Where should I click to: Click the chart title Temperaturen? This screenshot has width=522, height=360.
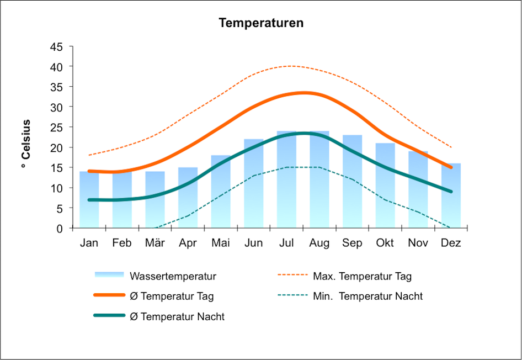tap(261, 23)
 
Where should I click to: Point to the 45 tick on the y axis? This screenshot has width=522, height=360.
tap(57, 46)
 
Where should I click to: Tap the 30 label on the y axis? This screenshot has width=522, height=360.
tap(57, 107)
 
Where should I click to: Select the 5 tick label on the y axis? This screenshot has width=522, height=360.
tap(60, 208)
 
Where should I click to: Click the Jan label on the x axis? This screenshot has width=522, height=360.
tap(89, 243)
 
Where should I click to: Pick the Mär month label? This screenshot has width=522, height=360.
tap(155, 243)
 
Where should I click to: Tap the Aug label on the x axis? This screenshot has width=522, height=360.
tap(319, 243)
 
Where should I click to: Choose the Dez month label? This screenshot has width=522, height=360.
tap(451, 243)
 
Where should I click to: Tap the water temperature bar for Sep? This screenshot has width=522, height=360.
tap(352, 182)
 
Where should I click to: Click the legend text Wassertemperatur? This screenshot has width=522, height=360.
tap(173, 276)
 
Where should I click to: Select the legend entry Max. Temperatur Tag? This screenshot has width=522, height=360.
tap(362, 276)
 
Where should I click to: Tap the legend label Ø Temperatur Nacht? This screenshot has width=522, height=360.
tap(177, 316)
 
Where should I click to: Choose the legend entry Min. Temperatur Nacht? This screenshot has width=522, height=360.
tap(367, 296)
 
